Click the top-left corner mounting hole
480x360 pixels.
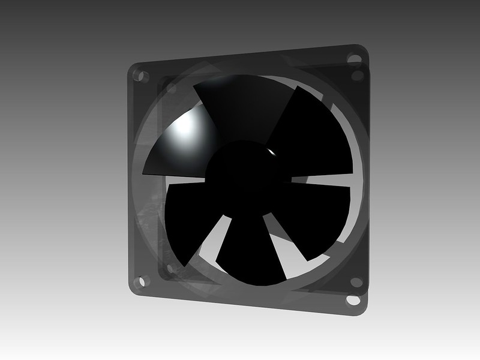142,76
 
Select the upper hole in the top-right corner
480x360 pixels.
355,59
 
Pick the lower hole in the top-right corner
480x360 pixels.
358,76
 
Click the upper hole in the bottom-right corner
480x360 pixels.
356,281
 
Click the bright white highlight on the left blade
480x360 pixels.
186,126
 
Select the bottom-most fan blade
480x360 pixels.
252,252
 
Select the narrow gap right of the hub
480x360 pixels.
324,180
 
